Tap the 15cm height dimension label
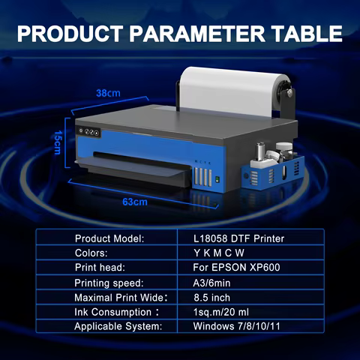(57, 140)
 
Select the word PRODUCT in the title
(74, 34)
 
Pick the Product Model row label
(109, 238)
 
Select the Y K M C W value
(219, 253)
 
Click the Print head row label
(101, 268)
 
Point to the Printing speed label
(109, 283)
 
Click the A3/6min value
(212, 283)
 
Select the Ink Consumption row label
(114, 312)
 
